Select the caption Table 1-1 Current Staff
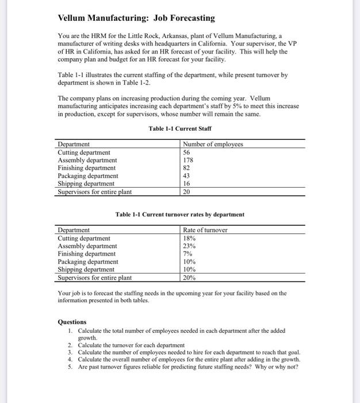coord(179,128)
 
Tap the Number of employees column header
coord(213,144)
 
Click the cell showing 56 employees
coord(186,152)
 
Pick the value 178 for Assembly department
coord(188,160)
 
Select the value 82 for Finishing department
coord(186,168)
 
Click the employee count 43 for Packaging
coord(186,176)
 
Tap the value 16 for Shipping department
coord(186,184)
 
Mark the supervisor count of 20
coord(186,192)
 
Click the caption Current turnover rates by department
coord(179,215)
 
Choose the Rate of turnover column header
coord(205,230)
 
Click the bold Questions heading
coord(72,322)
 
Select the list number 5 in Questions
coord(70,367)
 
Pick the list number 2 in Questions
coord(70,344)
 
